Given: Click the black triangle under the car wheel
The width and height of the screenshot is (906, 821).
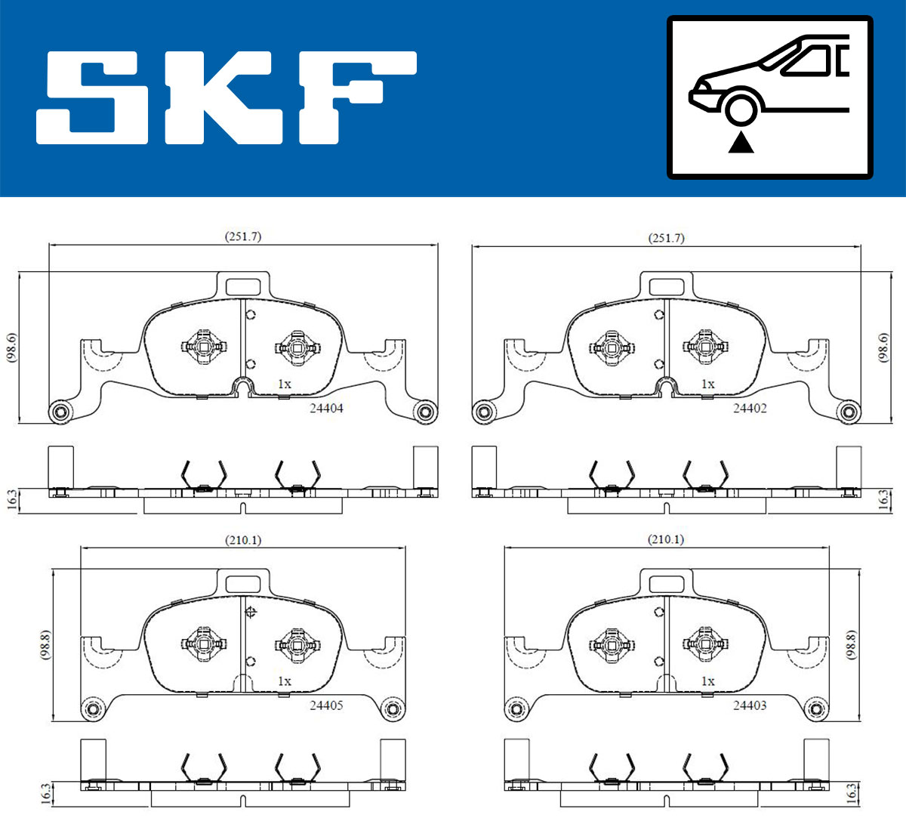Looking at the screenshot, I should click(741, 142).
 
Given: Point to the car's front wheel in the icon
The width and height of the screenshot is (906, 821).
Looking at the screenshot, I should click(740, 108).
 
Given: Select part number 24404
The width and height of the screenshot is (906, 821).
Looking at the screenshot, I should click(326, 408).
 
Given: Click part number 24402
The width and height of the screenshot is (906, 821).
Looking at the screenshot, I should click(750, 408).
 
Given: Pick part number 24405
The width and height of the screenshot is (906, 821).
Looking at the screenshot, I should click(326, 705).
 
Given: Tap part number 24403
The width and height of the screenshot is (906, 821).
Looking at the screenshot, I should click(750, 705).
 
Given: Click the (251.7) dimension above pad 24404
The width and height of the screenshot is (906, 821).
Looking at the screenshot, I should click(243, 236).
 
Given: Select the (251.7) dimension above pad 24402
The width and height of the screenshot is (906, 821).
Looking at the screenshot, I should click(666, 238).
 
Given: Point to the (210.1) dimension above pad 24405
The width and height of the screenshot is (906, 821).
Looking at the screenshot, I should click(243, 540).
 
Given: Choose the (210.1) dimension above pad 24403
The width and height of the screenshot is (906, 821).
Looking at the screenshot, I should click(666, 539).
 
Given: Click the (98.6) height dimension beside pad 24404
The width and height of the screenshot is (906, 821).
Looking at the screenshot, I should click(11, 348).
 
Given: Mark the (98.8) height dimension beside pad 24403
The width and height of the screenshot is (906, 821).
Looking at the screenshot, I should click(852, 646).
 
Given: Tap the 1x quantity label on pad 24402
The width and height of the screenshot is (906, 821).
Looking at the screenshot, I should click(707, 384).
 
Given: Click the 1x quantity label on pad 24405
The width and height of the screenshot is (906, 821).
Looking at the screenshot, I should click(284, 681).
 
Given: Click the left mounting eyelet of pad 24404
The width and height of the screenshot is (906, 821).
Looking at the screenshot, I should click(60, 412).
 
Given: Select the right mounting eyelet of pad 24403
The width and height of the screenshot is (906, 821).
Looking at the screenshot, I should click(815, 709).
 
